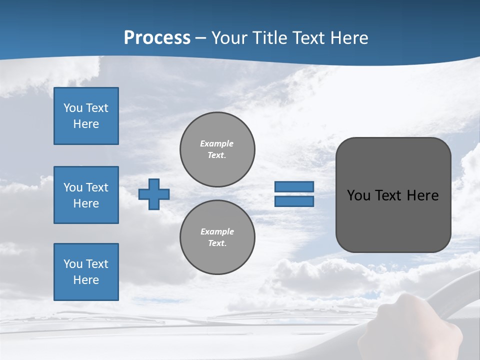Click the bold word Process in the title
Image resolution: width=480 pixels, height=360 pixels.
[157, 38]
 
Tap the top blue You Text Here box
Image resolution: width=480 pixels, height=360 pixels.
[86, 116]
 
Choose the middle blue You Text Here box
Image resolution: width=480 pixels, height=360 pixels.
[86, 195]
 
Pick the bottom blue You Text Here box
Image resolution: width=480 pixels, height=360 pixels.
[86, 272]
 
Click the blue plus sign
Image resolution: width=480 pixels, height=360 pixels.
[153, 194]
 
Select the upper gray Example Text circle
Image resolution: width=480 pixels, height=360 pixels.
[217, 149]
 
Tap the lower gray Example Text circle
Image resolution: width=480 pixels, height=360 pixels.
[217, 237]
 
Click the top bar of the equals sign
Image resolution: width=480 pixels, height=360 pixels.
[294, 186]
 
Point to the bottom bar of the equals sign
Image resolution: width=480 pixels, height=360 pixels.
[294, 201]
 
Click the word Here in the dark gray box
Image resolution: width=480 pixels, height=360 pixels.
[422, 195]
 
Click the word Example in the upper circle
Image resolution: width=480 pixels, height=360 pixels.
[217, 143]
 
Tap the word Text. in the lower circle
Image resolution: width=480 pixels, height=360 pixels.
[217, 243]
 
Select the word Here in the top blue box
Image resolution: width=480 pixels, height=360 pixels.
[86, 124]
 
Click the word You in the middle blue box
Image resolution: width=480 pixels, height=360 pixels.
[72, 187]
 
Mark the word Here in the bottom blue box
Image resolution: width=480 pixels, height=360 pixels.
[86, 280]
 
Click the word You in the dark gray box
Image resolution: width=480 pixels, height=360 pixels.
[358, 195]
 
